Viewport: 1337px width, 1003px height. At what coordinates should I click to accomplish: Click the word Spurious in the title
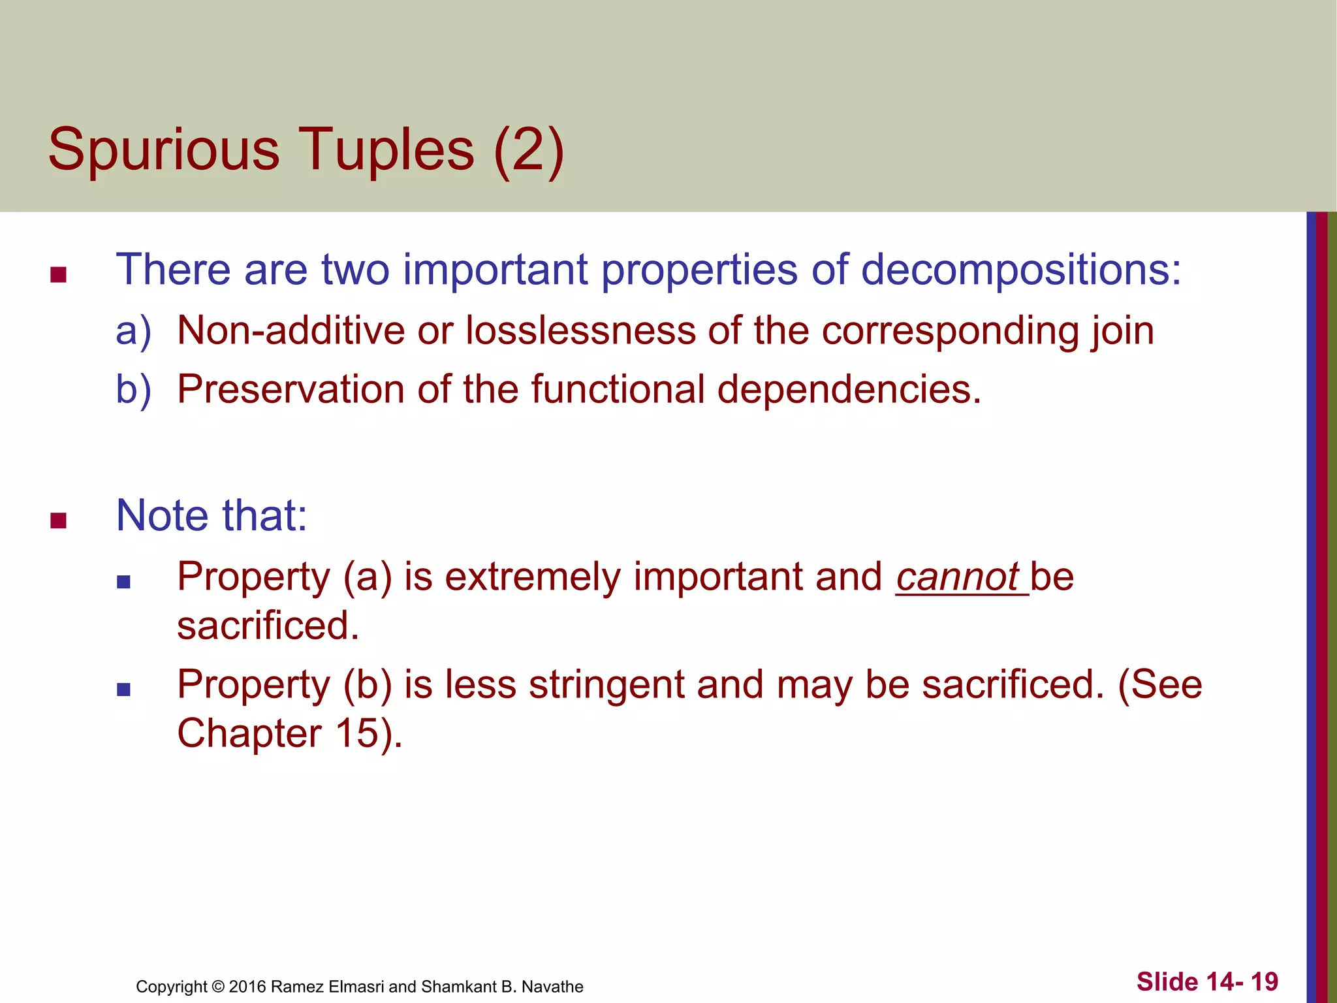click(x=164, y=150)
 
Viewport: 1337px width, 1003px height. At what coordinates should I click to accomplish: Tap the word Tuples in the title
click(x=386, y=150)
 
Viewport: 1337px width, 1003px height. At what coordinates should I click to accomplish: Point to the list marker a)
click(x=133, y=330)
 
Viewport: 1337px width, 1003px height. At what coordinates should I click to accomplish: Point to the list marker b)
click(x=133, y=389)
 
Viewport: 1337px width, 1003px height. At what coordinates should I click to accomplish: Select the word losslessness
click(x=580, y=330)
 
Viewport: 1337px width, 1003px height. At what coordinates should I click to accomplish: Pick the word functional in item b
click(x=618, y=389)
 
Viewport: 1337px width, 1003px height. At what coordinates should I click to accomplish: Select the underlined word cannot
click(x=957, y=577)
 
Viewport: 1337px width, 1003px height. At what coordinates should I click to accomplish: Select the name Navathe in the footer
click(x=552, y=987)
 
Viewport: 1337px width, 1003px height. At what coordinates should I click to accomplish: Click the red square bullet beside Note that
click(x=58, y=520)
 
